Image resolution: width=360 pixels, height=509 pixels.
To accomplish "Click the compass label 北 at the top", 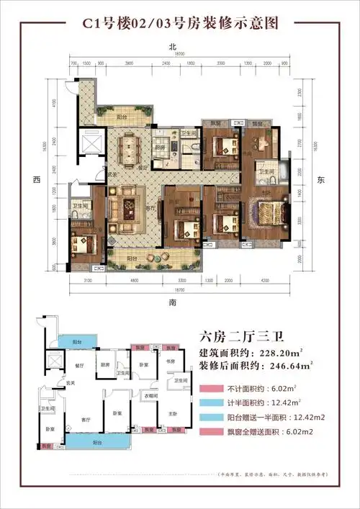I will (173, 47).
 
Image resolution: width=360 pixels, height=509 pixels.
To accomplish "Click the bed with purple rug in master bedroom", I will (265, 212).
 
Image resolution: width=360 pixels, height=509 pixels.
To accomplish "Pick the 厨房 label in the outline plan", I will (104, 364).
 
